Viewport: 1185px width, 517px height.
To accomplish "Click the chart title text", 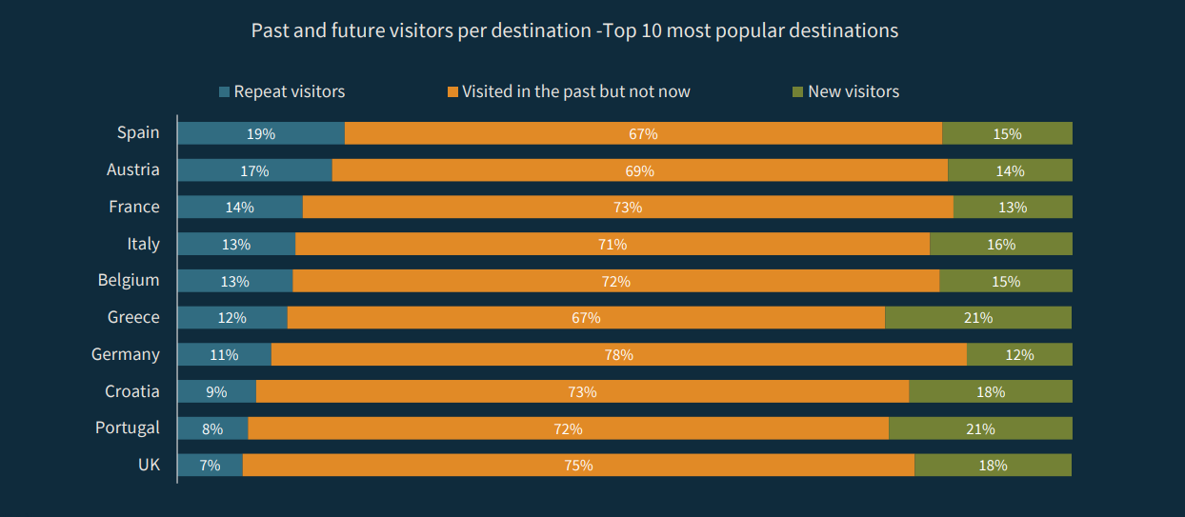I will [x=574, y=30].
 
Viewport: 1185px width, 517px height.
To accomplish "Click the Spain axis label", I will [x=138, y=132].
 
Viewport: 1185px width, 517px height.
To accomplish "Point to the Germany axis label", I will [x=126, y=354].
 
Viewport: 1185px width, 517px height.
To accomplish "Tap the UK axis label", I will [x=149, y=465].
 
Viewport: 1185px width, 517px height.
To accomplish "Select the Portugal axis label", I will [x=128, y=428].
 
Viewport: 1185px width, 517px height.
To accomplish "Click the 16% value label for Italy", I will [x=1001, y=245].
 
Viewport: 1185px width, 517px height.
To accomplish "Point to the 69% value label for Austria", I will [x=640, y=171].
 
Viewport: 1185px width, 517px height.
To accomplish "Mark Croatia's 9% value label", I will [x=216, y=391].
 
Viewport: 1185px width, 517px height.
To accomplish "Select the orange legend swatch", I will [x=452, y=92].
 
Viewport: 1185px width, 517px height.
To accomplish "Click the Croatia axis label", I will [x=132, y=391].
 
